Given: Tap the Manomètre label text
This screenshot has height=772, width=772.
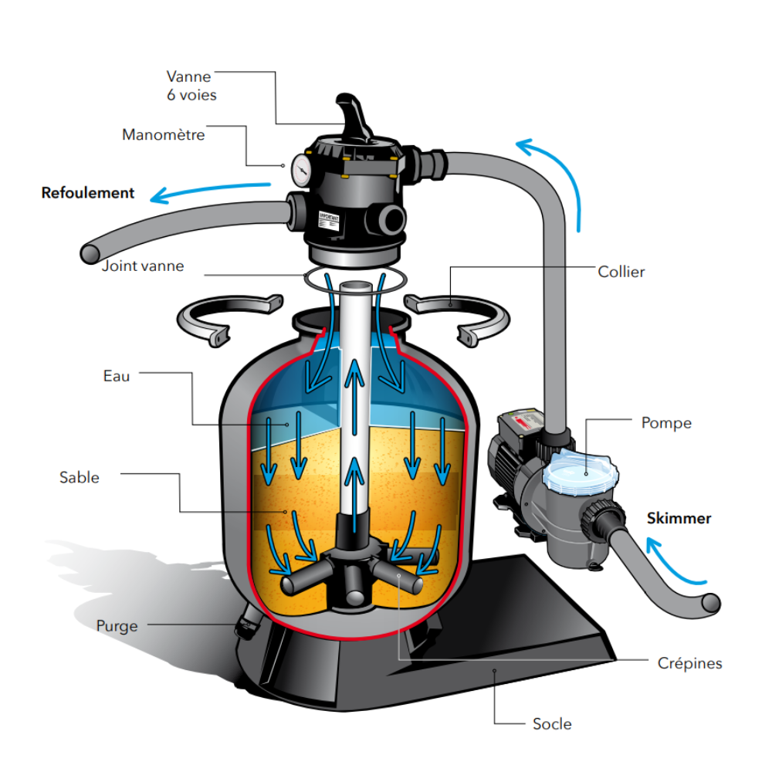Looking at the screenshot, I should pyautogui.click(x=164, y=135).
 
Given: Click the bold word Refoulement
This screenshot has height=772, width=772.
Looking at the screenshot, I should pyautogui.click(x=88, y=193).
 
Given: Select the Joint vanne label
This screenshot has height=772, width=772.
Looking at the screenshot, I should pyautogui.click(x=143, y=266).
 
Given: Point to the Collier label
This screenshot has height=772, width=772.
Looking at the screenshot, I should pyautogui.click(x=621, y=272).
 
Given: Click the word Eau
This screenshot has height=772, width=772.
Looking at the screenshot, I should pyautogui.click(x=117, y=376).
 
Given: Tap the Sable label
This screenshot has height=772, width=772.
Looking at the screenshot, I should pyautogui.click(x=80, y=477).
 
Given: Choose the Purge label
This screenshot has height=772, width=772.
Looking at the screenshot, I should pyautogui.click(x=117, y=625).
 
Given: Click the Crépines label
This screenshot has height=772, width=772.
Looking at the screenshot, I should pyautogui.click(x=689, y=662).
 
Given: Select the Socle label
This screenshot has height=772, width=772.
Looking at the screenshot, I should pyautogui.click(x=552, y=723).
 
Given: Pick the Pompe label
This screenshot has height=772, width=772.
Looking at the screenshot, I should pyautogui.click(x=666, y=423).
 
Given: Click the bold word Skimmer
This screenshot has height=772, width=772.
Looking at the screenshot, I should pyautogui.click(x=679, y=519).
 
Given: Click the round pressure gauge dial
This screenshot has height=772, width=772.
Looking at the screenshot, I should pyautogui.click(x=301, y=167).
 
